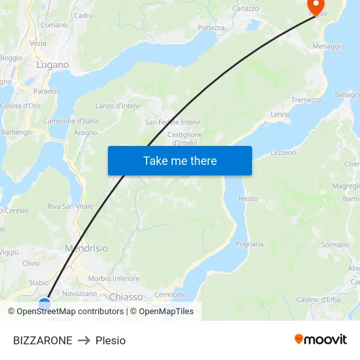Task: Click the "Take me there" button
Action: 180,160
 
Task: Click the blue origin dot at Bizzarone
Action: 45,304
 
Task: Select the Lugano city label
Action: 52,65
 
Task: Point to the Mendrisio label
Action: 86,249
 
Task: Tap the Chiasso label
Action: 126,297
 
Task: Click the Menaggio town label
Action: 328,46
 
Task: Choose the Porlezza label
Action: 211,27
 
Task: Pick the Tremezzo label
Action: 306,99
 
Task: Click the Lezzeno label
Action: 283,153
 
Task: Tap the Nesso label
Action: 248,198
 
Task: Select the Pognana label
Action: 249,244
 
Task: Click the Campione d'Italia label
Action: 71,120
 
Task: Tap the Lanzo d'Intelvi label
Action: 118,105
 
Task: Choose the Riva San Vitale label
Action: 70,206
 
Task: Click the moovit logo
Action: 321,339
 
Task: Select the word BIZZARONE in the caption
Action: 43,340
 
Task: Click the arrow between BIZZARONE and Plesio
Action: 84,340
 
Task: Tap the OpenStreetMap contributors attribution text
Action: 70,312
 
